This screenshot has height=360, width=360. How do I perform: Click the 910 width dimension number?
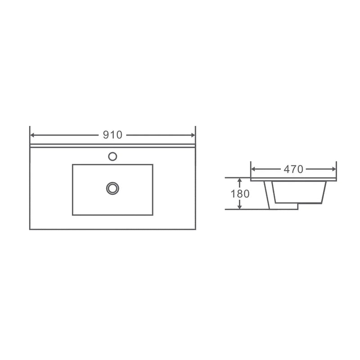click(112, 135)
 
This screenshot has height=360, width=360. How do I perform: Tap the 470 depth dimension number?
click(293, 169)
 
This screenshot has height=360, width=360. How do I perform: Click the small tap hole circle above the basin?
click(112, 157)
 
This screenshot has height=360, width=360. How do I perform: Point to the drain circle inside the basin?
click(112, 188)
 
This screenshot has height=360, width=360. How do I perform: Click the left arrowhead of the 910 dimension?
click(32, 135)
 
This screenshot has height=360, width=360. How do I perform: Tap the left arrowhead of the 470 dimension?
click(253, 169)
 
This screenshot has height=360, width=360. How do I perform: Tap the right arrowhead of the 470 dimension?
click(334, 169)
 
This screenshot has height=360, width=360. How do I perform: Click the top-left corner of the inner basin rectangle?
click(72, 164)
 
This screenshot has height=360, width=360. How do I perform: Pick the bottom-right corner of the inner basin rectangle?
click(153, 215)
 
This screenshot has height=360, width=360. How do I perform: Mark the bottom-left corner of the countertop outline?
click(30, 229)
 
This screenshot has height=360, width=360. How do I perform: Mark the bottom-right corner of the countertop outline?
click(195, 229)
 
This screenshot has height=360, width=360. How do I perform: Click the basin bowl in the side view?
click(299, 192)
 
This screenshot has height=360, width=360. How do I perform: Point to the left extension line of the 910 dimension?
click(30, 133)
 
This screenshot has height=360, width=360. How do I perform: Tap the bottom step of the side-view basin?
click(283, 207)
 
